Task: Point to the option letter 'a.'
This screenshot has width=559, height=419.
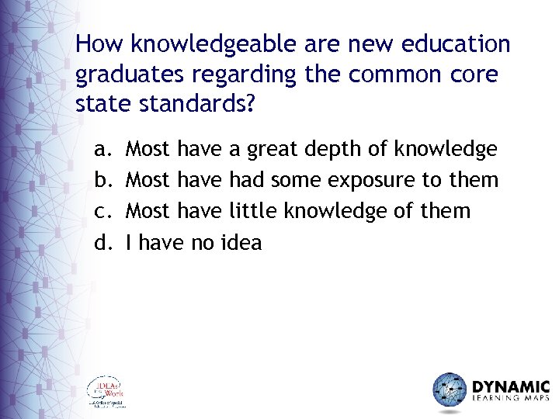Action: point(102,148)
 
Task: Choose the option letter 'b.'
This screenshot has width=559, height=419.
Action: point(102,180)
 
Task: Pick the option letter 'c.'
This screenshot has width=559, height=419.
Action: point(102,211)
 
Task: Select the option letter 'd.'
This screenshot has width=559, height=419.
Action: point(102,243)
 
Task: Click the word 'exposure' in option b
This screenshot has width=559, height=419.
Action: point(371,181)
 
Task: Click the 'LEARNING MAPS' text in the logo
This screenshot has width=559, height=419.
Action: point(510,400)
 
